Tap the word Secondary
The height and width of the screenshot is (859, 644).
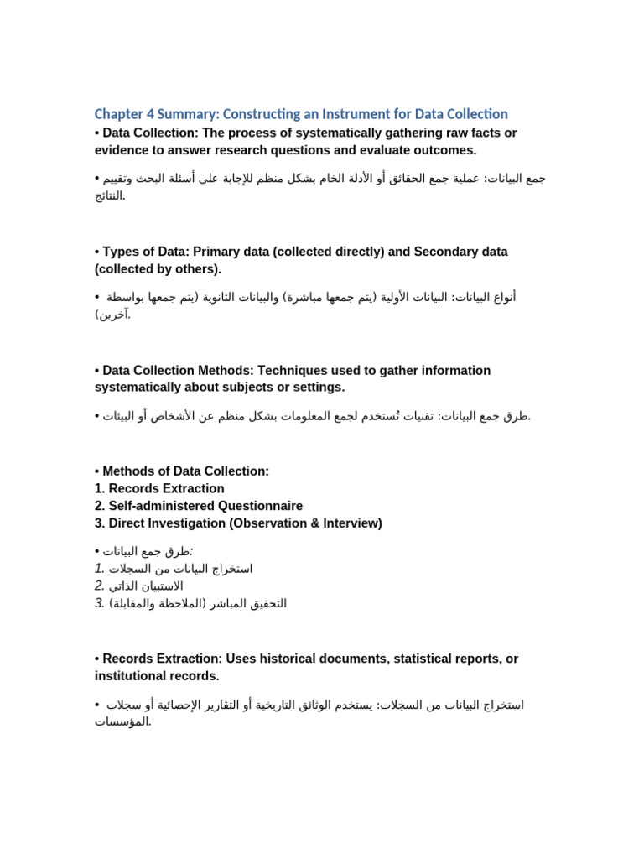[418, 252]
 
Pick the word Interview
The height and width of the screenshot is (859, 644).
[351, 523]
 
